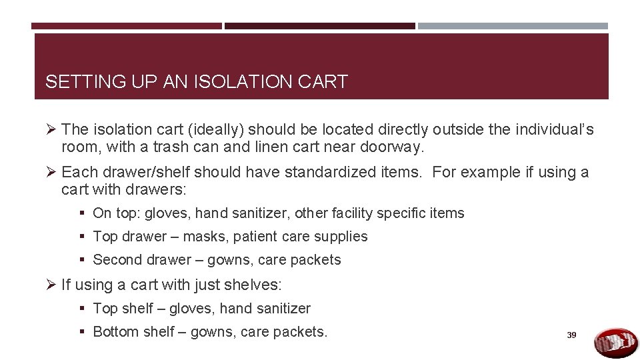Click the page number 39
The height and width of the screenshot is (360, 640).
click(x=571, y=335)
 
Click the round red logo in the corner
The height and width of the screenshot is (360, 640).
click(x=615, y=342)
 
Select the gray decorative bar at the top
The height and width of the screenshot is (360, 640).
click(x=513, y=26)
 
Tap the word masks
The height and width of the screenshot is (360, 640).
click(x=203, y=237)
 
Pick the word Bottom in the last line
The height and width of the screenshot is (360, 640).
click(x=115, y=331)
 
